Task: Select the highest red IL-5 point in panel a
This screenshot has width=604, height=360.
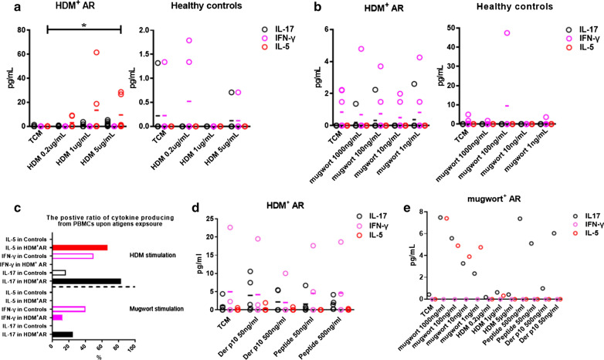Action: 97,53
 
